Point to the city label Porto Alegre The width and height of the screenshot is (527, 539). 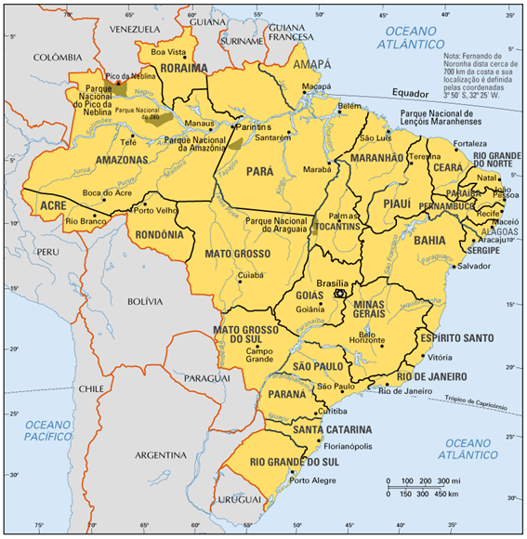coord(310,480)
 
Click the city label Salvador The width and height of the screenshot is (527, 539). coord(473,266)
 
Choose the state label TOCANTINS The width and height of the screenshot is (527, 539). coord(336,227)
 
